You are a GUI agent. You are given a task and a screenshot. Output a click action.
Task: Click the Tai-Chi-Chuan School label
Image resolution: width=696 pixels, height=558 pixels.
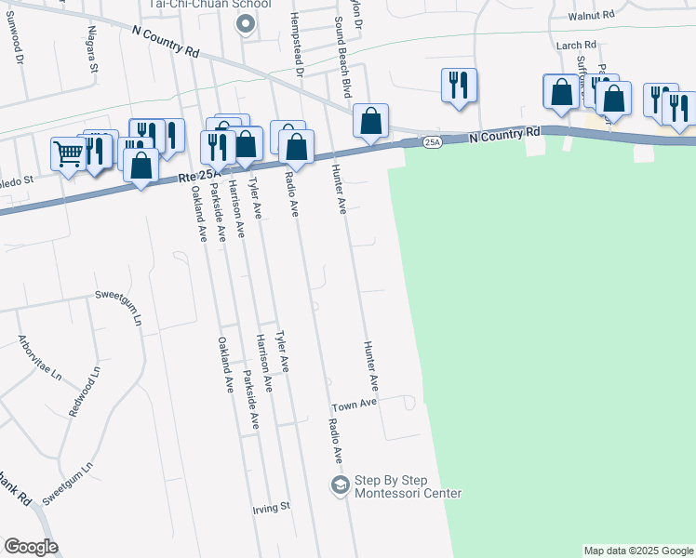point(209,5)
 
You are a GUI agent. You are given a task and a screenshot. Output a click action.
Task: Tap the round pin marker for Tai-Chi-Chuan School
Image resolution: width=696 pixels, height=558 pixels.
point(247,25)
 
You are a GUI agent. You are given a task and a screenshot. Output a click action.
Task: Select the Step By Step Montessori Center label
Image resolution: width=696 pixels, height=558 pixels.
point(408,485)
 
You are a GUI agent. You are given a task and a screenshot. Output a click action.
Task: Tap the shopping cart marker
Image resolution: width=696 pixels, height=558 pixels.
point(69,153)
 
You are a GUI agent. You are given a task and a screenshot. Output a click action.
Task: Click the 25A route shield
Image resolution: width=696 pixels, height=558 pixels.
point(432,141)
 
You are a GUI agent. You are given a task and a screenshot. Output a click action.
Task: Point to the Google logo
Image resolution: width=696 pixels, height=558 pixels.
point(31,547)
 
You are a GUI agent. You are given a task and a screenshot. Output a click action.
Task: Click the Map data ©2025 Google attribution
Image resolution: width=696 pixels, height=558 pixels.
point(638,551)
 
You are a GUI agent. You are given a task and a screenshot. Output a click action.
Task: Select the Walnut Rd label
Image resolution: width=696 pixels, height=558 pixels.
point(596,15)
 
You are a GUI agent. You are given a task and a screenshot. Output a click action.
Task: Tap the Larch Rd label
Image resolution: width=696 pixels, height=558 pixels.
point(576,45)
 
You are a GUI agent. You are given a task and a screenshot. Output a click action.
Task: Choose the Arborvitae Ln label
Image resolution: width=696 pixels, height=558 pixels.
point(40,354)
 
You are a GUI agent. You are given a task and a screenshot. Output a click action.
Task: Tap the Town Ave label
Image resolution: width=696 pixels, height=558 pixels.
point(355,405)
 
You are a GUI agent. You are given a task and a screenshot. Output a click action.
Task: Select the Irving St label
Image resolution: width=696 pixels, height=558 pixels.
point(273,508)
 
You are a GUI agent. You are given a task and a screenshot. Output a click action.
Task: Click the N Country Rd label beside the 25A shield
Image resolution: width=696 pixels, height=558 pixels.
point(504,135)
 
